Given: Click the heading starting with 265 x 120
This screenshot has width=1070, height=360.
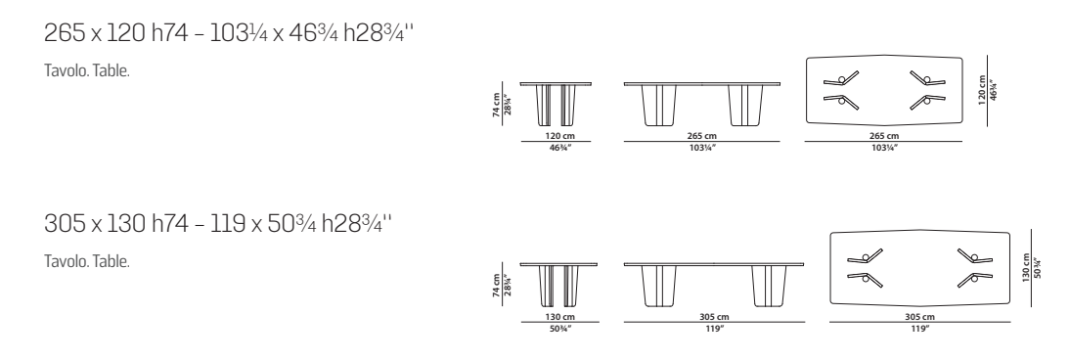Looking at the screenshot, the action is (x=229, y=33).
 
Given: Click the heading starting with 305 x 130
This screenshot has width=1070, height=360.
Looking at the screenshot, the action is (x=218, y=223).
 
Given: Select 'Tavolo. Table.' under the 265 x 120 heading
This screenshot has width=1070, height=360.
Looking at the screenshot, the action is (x=87, y=71).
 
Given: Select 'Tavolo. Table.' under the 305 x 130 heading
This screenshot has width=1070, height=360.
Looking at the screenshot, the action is (x=87, y=261).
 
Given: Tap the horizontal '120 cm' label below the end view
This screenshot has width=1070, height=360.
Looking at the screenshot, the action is (x=559, y=136).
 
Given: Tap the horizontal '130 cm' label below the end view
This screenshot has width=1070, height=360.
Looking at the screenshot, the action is (x=559, y=317).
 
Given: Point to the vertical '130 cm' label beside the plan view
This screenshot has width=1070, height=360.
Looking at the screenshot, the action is (x=1026, y=267).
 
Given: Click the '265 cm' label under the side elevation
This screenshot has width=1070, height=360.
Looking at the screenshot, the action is (x=702, y=136).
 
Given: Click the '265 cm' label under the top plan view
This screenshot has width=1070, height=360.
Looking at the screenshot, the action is (x=883, y=136).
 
